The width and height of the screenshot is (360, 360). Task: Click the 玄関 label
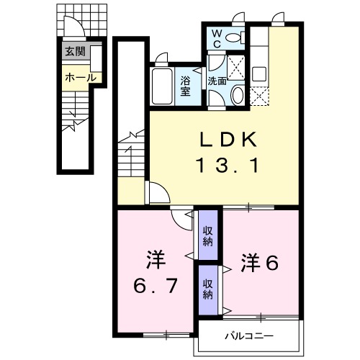[76, 51]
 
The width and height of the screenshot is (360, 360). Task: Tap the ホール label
[81, 78]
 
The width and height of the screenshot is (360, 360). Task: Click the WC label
[217, 38]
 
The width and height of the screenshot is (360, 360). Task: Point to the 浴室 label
[185, 86]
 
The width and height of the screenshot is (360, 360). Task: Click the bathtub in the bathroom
[162, 86]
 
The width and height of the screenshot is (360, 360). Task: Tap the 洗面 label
[217, 81]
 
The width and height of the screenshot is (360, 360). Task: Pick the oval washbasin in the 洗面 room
[238, 95]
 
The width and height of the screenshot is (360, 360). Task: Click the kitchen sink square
[258, 74]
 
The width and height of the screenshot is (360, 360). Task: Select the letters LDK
[228, 140]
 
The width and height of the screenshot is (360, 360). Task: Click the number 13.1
[228, 165]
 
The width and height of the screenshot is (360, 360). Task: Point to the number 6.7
[156, 286]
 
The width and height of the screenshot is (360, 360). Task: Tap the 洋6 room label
[260, 263]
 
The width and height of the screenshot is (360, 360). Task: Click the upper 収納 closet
[208, 235]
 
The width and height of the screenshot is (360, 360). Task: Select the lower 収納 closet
[208, 289]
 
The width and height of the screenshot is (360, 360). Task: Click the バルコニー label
[249, 336]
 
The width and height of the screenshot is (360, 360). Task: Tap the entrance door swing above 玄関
[74, 27]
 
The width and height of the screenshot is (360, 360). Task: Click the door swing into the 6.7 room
[182, 218]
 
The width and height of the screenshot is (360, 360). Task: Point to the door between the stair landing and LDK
[157, 192]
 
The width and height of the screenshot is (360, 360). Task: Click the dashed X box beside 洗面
[235, 68]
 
